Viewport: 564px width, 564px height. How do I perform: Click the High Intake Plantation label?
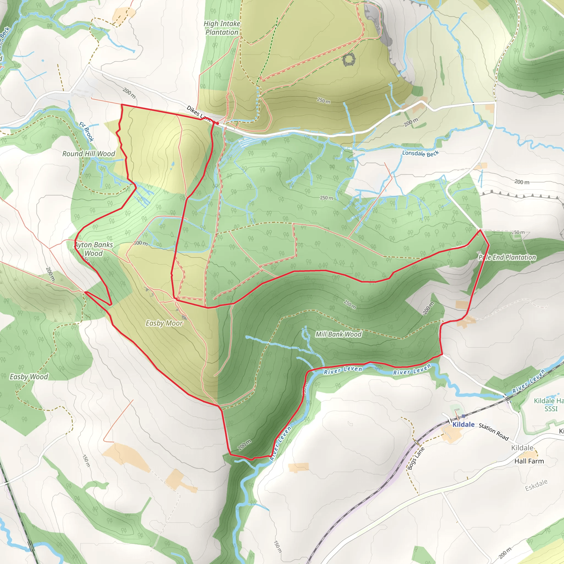tap(222, 28)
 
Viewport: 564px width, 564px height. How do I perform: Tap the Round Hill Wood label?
tap(89, 154)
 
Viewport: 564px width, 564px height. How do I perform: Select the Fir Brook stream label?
tap(87, 132)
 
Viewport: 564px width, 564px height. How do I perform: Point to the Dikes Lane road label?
tap(198, 113)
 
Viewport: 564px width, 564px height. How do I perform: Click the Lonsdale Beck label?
tap(420, 153)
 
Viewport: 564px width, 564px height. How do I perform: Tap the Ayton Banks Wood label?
tap(94, 249)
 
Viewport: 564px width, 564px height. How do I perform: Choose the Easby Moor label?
tap(164, 323)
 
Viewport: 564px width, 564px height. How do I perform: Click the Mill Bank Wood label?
tap(338, 334)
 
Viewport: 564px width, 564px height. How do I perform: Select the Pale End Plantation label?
tap(507, 257)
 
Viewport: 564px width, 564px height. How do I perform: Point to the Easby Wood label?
tap(29, 377)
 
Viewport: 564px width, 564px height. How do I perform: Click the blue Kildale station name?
tap(463, 425)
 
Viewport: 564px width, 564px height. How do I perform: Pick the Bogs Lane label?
tap(416, 458)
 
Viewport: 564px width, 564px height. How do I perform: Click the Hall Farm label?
tap(529, 461)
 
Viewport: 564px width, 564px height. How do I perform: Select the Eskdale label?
tap(536, 485)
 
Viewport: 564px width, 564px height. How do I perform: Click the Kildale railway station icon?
tap(463, 416)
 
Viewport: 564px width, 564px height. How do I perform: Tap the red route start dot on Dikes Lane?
tap(218, 123)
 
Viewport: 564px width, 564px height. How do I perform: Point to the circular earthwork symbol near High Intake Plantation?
tap(349, 60)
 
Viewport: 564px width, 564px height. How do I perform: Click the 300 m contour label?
tap(141, 243)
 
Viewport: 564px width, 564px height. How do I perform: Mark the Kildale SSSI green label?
tap(549, 405)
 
